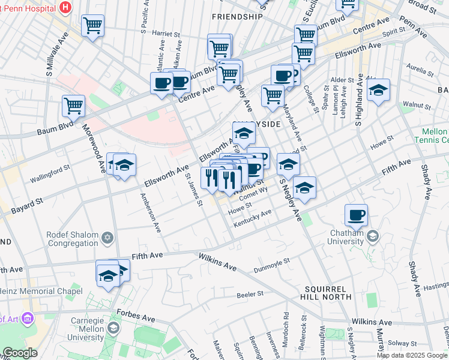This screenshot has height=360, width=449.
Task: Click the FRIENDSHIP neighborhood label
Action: coord(237,17)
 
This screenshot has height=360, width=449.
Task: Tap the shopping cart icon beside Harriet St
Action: coord(92,26)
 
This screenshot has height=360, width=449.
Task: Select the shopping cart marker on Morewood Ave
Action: coord(73,106)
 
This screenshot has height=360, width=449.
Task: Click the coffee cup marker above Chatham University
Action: coord(356,215)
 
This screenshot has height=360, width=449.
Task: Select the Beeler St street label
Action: coord(250,293)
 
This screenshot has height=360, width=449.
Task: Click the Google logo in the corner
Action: coord(19,353)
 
